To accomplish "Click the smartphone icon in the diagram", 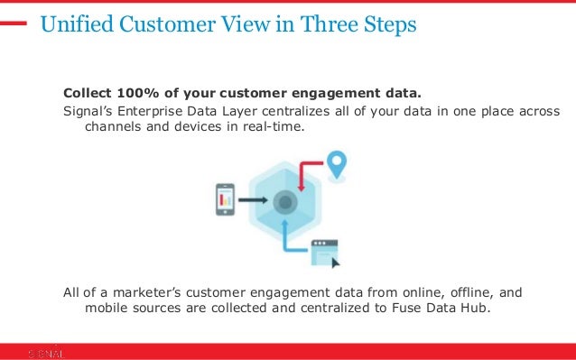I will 225,199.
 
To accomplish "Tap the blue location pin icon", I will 337,165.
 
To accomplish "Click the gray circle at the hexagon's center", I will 286,200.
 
